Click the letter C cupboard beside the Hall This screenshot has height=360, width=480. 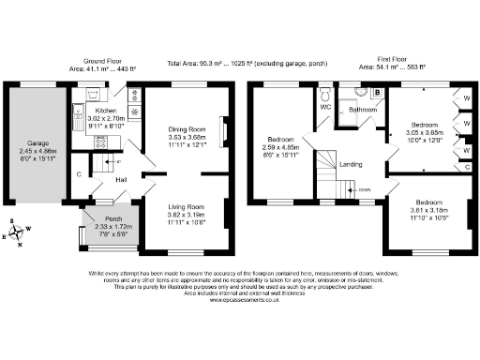(x=79, y=173)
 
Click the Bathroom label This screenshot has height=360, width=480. (x=362, y=110)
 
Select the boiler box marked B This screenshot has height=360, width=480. (x=376, y=92)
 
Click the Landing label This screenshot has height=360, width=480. (x=351, y=165)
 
